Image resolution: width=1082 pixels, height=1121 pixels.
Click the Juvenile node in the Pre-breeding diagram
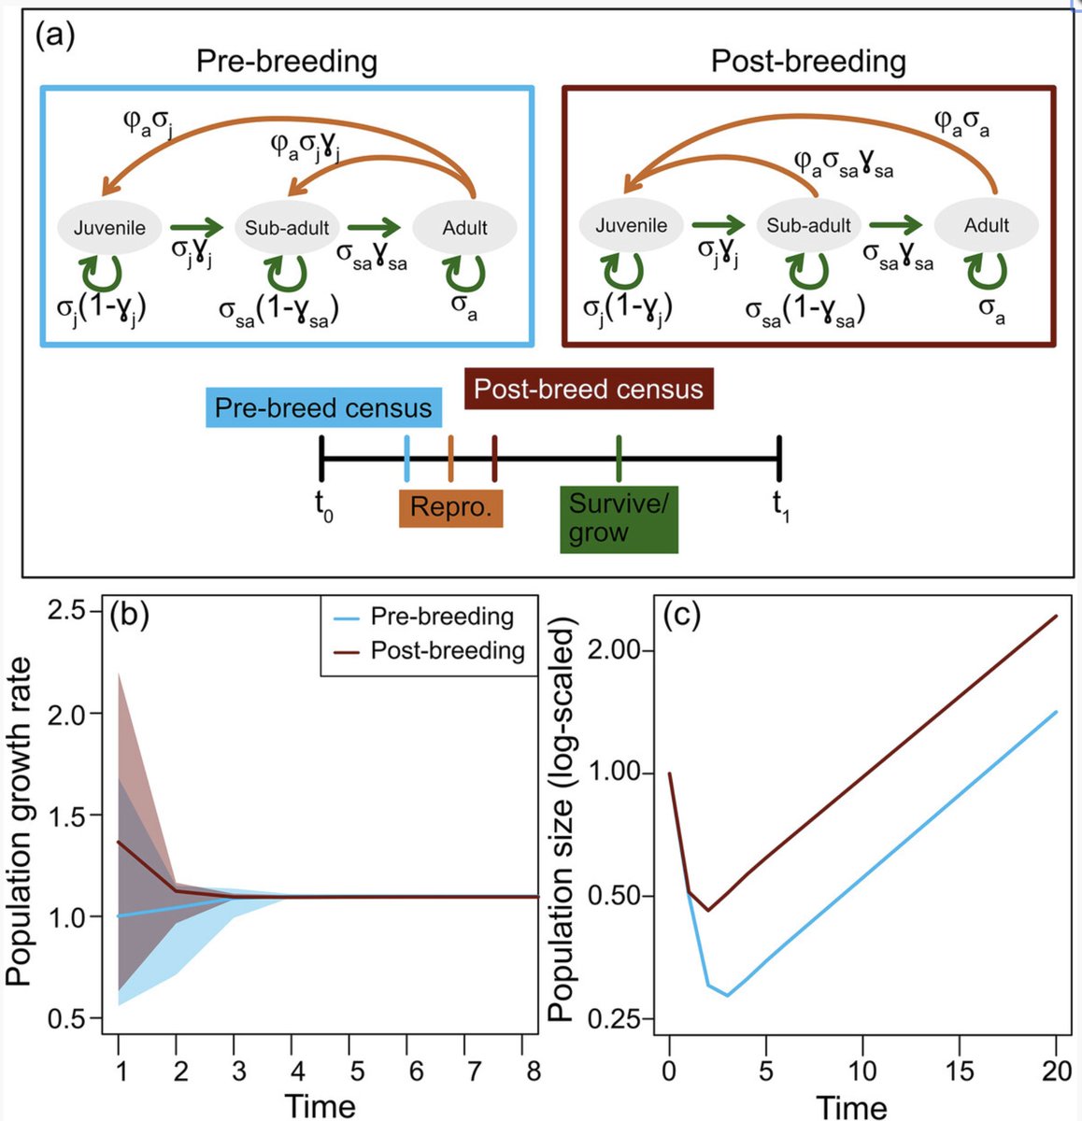point(109,227)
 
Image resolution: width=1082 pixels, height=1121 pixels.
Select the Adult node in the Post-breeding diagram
point(987,225)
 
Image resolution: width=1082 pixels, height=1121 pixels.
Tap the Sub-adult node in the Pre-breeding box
point(287,228)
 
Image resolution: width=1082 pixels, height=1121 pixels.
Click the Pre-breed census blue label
point(323,408)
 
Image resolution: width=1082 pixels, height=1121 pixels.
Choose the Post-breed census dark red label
point(589,388)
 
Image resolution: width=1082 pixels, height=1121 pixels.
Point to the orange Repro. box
point(450,509)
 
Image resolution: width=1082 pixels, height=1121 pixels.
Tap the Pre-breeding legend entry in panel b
point(442,617)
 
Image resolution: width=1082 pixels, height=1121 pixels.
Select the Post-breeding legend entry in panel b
point(447,650)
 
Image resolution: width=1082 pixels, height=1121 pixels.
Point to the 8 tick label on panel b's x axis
point(534,1071)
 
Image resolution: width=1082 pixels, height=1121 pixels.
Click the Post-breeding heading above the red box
point(808,62)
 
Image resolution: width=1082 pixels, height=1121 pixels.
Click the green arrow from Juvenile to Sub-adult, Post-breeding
point(720,225)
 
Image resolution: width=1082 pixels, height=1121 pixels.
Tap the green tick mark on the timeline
point(619,459)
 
